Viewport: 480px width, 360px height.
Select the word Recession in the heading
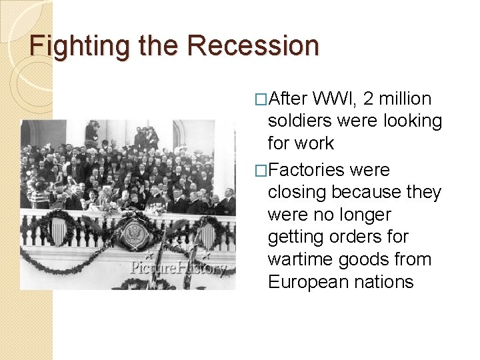pos(253,45)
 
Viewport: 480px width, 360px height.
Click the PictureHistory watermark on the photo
pos(178,269)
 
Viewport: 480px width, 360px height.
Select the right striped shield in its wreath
pos(207,234)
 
